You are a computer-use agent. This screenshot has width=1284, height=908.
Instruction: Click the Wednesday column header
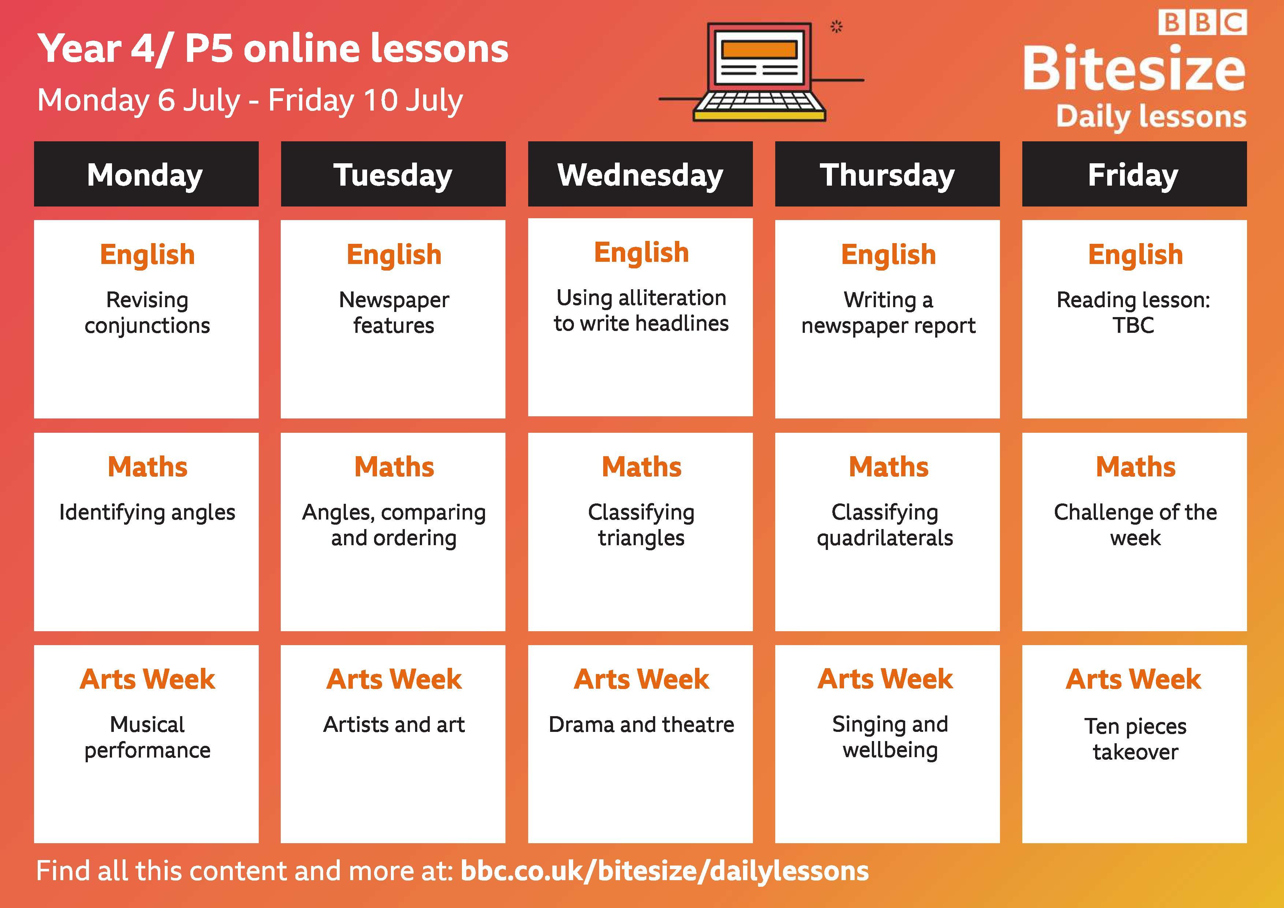[640, 174]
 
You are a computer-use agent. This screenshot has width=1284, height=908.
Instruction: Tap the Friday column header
[1134, 174]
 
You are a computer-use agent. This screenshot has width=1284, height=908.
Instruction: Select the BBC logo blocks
[1202, 23]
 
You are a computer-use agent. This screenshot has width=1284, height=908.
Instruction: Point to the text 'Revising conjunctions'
[147, 313]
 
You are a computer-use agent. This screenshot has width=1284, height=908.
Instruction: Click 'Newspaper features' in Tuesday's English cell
[394, 313]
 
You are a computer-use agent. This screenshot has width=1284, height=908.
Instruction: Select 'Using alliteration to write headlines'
[641, 310]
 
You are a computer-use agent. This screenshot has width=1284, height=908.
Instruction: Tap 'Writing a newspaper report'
[888, 313]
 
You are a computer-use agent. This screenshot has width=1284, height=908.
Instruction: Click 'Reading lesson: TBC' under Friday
[1134, 313]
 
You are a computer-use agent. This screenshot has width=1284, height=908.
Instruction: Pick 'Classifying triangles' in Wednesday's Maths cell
[641, 525]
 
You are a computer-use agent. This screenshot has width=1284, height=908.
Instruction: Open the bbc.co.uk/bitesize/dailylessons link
[664, 871]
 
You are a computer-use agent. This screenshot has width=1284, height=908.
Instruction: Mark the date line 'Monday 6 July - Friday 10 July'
[250, 101]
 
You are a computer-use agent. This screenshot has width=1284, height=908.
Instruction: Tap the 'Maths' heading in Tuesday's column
[394, 466]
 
